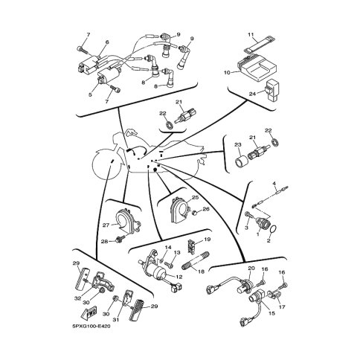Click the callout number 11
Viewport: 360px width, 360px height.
[251, 34]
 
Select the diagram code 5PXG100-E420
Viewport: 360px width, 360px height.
[91, 327]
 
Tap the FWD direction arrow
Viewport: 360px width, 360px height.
[89, 313]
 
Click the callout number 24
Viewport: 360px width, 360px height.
[252, 94]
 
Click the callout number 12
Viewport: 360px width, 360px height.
[179, 277]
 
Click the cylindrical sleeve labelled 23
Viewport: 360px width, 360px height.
[242, 161]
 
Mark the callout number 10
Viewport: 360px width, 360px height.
[227, 73]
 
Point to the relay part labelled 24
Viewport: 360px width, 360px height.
[274, 90]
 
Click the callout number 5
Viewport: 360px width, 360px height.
[90, 94]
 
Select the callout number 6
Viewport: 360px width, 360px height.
[107, 42]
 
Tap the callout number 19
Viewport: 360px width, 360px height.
[208, 240]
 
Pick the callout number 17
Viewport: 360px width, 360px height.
[282, 306]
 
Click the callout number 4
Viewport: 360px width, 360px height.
[274, 184]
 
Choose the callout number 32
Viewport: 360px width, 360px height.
[78, 298]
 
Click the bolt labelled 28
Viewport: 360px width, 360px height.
[120, 239]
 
